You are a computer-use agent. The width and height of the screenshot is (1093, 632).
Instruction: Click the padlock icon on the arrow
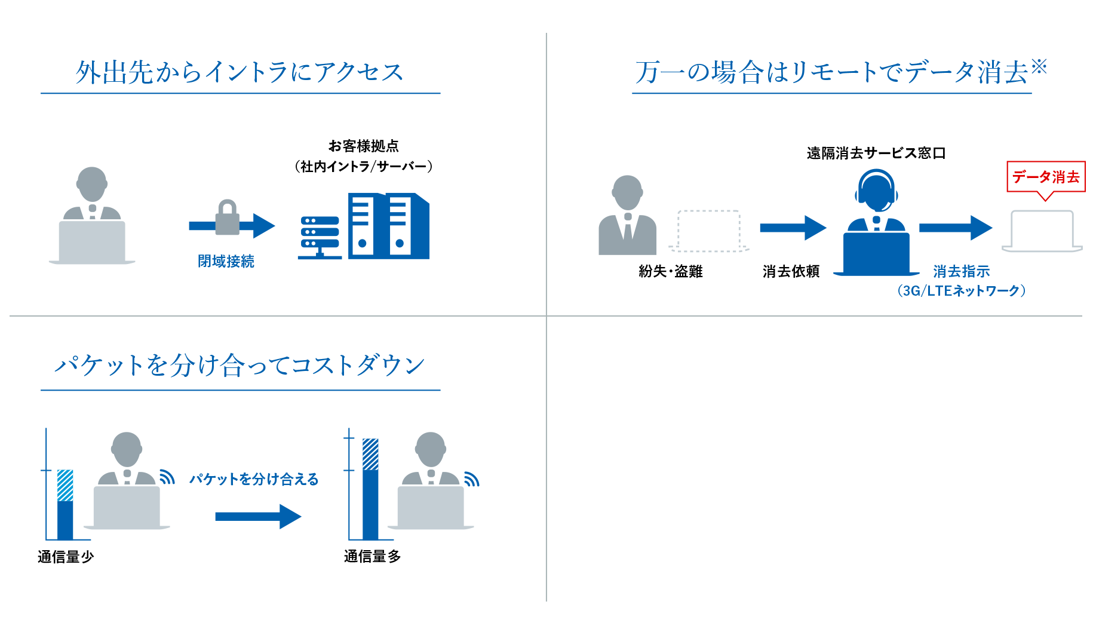pyautogui.click(x=227, y=217)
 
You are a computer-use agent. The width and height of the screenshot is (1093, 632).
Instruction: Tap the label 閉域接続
pyautogui.click(x=226, y=261)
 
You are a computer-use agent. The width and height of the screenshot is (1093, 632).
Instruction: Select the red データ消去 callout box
pyautogui.click(x=1046, y=177)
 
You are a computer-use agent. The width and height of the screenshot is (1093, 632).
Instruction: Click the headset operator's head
pyautogui.click(x=876, y=189)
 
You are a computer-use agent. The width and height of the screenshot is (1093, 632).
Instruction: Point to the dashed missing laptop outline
pyautogui.click(x=709, y=231)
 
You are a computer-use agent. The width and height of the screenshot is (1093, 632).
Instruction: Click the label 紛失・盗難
pyautogui.click(x=670, y=271)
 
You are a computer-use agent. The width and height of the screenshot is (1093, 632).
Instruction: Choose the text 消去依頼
pyautogui.click(x=791, y=271)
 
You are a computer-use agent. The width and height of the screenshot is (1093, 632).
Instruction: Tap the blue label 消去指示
pyautogui.click(x=961, y=271)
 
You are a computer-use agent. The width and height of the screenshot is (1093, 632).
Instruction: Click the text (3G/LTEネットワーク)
pyautogui.click(x=961, y=291)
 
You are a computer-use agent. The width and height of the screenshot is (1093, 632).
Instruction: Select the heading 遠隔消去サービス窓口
pyautogui.click(x=876, y=154)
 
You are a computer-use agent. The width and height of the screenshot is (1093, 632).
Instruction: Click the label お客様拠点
pyautogui.click(x=363, y=146)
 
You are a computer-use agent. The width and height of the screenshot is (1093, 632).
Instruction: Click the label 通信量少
pyautogui.click(x=66, y=557)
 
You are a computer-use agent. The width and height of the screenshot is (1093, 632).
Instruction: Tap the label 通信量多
pyautogui.click(x=372, y=556)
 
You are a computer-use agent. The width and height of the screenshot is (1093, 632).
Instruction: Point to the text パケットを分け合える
pyautogui.click(x=254, y=479)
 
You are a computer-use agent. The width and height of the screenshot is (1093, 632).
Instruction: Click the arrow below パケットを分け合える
pyautogui.click(x=258, y=517)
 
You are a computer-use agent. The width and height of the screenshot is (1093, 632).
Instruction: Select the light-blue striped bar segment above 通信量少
pyautogui.click(x=65, y=486)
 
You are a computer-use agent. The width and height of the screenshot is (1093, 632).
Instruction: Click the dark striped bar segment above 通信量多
pyautogui.click(x=370, y=455)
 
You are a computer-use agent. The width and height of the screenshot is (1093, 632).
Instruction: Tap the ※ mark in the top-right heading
pyautogui.click(x=1039, y=66)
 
